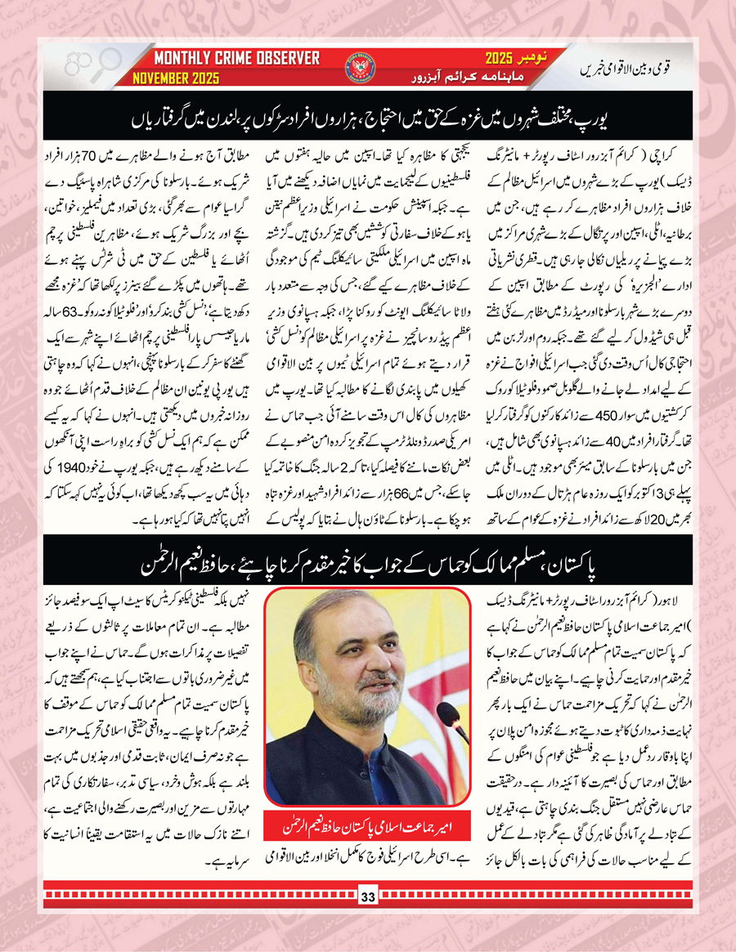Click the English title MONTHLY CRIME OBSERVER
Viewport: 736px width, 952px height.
pyautogui.click(x=237, y=59)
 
